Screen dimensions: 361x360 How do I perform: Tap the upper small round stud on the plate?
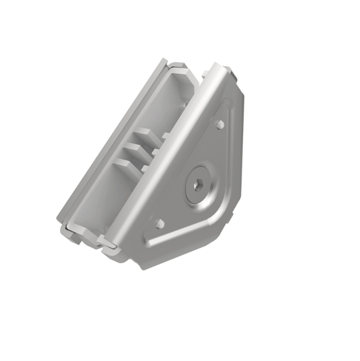(220, 125)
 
